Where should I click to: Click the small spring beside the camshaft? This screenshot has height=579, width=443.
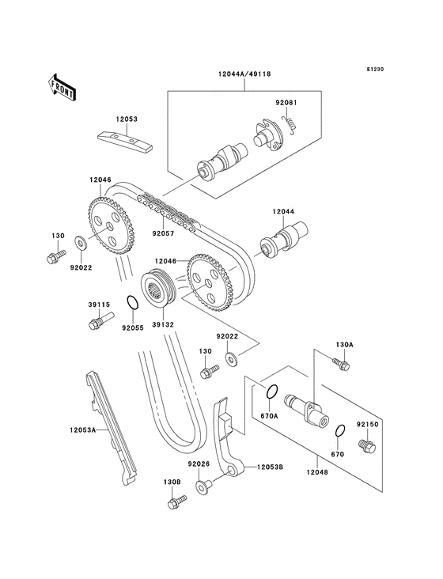[x=290, y=125]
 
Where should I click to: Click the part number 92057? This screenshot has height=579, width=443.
[x=163, y=234]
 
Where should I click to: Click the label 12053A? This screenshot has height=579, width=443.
[x=81, y=430]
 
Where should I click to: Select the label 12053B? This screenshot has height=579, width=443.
[x=270, y=467]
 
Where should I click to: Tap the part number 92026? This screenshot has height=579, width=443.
[x=199, y=464]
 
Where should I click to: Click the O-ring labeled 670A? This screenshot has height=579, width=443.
[x=270, y=392]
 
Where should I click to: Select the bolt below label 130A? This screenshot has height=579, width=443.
[x=342, y=363]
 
